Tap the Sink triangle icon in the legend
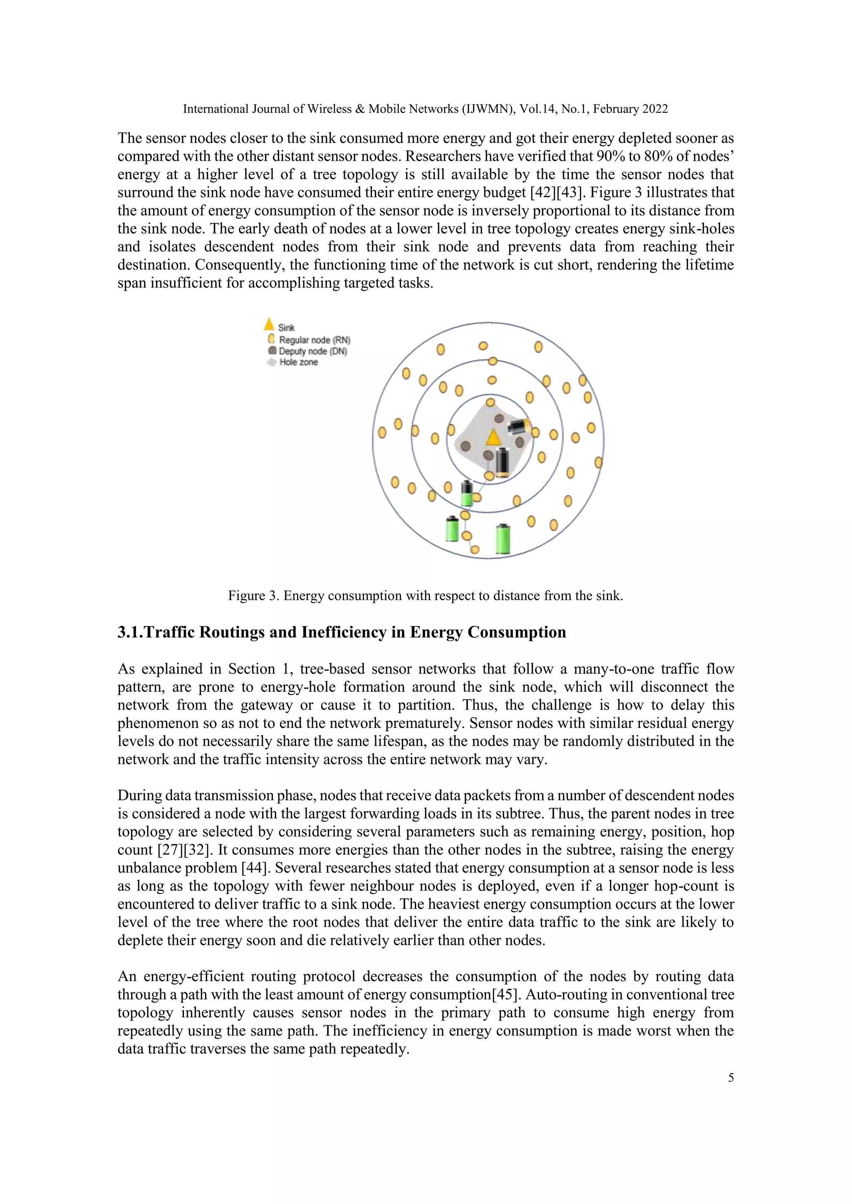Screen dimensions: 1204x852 pos(269,324)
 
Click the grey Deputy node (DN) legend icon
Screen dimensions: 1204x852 pos(272,351)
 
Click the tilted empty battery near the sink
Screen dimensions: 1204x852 pos(519,425)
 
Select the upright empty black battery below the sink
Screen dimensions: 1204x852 pos(503,462)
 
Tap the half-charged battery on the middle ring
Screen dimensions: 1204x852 pos(466,493)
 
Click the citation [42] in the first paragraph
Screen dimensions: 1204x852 pos(542,192)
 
